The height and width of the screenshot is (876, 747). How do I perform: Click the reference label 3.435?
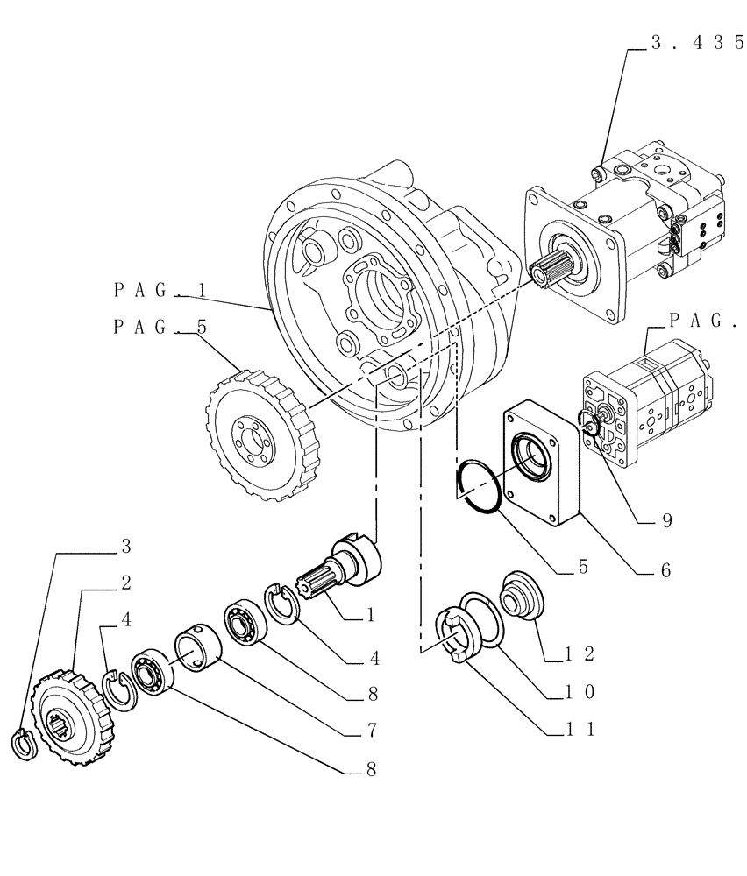[696, 46]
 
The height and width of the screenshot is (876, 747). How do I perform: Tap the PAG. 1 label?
[160, 288]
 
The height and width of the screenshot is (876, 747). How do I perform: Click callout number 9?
[666, 521]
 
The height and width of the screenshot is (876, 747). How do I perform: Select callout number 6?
[664, 569]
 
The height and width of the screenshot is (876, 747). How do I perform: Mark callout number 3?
[126, 546]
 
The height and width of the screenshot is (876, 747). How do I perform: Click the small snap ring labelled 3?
[24, 741]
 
